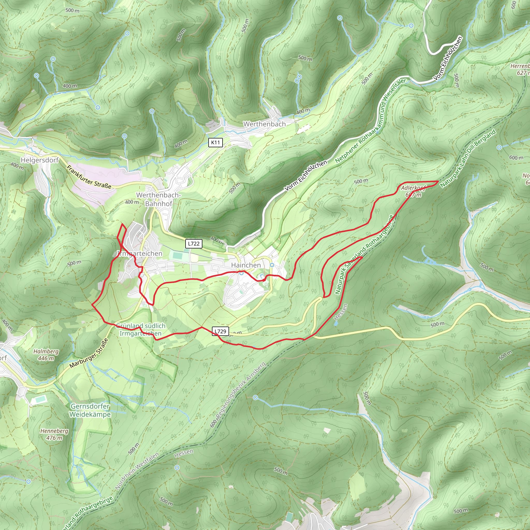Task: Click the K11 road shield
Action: pyautogui.click(x=215, y=142)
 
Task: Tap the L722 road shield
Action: pyautogui.click(x=194, y=244)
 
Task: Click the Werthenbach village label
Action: pyautogui.click(x=264, y=124)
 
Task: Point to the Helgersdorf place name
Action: pyautogui.click(x=40, y=160)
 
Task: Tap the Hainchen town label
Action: pyautogui.click(x=246, y=265)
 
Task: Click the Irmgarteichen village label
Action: pyautogui.click(x=140, y=253)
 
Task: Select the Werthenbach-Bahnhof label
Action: pyautogui.click(x=159, y=200)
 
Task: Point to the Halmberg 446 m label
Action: pyautogui.click(x=46, y=355)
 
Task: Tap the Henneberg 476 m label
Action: pyautogui.click(x=54, y=434)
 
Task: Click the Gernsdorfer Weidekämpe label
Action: pyautogui.click(x=90, y=410)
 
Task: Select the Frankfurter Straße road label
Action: pyautogui.click(x=90, y=177)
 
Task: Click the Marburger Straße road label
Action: pyautogui.click(x=89, y=353)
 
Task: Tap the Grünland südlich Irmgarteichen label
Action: pyautogui.click(x=141, y=329)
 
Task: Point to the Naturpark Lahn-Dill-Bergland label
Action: pyautogui.click(x=468, y=159)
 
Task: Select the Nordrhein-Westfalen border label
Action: pyautogui.click(x=137, y=471)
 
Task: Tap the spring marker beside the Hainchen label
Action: pyautogui.click(x=272, y=265)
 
